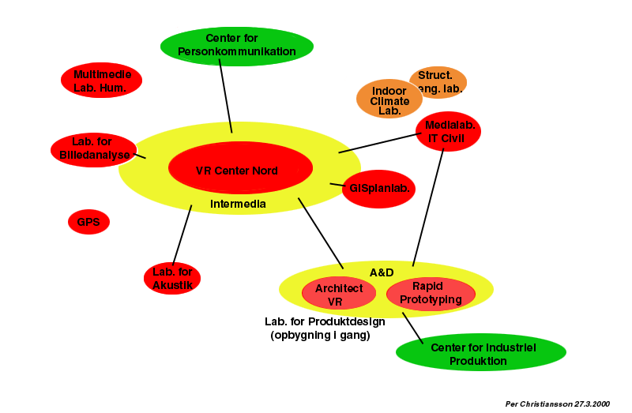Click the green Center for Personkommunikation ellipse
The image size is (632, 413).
click(236, 46)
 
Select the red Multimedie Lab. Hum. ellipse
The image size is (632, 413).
click(101, 81)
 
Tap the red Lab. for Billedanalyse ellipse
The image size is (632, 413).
click(93, 149)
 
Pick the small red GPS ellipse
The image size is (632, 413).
click(88, 222)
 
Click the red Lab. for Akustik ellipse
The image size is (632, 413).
click(172, 279)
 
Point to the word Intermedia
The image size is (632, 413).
click(238, 205)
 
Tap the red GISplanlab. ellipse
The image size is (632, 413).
click(378, 189)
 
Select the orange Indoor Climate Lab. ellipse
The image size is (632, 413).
click(389, 100)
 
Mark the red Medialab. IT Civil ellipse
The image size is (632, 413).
click(449, 131)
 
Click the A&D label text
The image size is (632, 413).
click(382, 272)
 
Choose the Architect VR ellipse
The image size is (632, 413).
click(339, 295)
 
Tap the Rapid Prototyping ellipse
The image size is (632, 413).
click(431, 293)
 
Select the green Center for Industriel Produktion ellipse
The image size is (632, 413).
click(481, 353)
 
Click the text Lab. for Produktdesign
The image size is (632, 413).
click(325, 321)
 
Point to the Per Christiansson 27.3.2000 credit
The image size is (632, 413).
click(558, 404)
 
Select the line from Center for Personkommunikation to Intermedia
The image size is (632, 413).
click(225, 95)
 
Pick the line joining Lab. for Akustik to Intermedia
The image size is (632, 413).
click(182, 234)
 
